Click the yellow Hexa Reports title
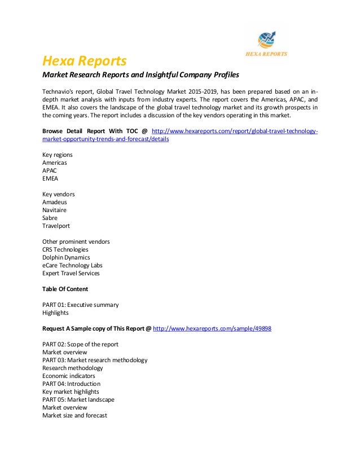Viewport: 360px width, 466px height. click(x=85, y=60)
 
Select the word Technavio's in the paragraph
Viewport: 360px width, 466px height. click(x=59, y=91)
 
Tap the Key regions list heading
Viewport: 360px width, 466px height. click(x=57, y=155)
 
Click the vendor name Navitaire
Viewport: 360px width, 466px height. click(x=56, y=210)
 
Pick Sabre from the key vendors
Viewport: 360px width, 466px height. click(x=50, y=218)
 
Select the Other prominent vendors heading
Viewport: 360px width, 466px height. click(x=76, y=241)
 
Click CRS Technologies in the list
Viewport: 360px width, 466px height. click(x=65, y=249)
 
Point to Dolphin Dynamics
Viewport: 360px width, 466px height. click(x=66, y=257)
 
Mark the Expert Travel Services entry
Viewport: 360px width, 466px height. click(x=71, y=273)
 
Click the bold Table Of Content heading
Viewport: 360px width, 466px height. click(x=65, y=289)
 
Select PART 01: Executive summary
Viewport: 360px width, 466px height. click(x=80, y=305)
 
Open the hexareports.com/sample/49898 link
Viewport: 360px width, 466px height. click(x=212, y=328)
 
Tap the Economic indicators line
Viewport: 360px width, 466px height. click(x=68, y=376)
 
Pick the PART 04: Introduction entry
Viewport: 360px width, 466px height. click(x=71, y=384)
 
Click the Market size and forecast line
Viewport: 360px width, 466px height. click(x=74, y=415)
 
